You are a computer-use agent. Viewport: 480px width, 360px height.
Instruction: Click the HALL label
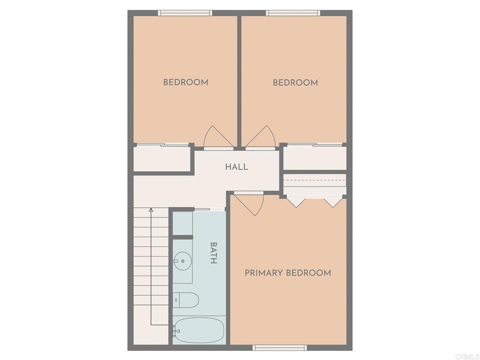236,167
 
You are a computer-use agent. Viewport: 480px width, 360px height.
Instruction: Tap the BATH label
213,253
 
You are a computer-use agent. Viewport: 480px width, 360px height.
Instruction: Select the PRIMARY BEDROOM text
288,273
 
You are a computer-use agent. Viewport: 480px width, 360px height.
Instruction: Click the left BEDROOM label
186,82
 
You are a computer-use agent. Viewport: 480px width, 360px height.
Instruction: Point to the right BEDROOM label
295,82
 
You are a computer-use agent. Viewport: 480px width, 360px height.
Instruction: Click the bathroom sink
182,261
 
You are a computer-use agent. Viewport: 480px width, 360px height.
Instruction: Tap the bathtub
199,330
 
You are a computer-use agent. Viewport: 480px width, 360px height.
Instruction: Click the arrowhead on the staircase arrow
150,210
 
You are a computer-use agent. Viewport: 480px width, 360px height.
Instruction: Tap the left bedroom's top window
185,13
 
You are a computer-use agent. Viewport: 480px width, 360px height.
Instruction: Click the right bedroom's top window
293,13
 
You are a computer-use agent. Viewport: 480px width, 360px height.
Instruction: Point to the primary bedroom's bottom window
279,347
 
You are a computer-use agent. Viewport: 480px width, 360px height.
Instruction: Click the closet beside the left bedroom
162,159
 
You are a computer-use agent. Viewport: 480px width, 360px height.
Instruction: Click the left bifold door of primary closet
296,203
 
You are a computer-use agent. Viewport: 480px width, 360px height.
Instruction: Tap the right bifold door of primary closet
333,203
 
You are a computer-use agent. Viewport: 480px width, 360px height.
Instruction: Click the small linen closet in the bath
182,223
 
